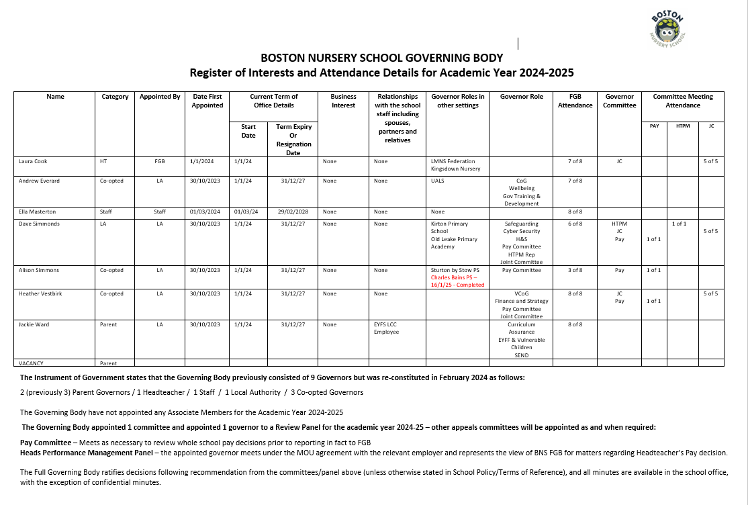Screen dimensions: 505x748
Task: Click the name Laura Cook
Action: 33,162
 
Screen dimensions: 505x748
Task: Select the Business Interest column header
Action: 343,101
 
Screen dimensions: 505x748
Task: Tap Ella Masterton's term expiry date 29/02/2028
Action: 293,212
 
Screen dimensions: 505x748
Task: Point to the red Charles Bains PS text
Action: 457,281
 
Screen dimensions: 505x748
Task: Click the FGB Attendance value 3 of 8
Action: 575,271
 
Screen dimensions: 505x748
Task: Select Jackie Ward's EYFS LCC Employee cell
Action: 386,328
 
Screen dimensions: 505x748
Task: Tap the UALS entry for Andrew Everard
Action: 438,181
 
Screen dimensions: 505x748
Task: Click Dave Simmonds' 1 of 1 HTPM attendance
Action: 679,224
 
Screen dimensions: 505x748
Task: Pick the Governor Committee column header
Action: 619,101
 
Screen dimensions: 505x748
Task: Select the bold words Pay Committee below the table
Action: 46,443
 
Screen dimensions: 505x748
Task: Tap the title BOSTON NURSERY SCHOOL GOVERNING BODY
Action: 381,58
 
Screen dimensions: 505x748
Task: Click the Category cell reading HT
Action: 103,162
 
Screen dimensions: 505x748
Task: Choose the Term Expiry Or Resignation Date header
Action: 293,139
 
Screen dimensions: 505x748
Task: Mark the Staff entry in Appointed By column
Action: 159,212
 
